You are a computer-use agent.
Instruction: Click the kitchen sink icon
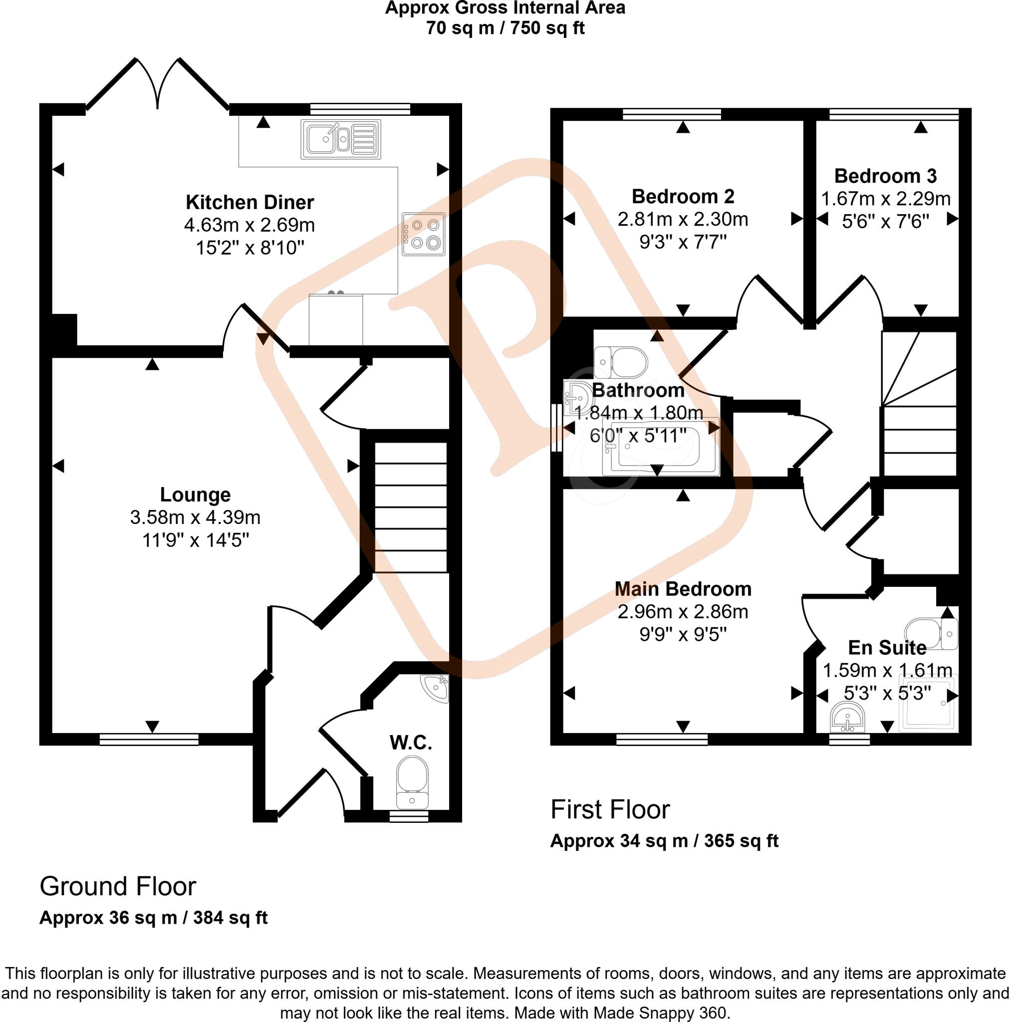[x=340, y=139]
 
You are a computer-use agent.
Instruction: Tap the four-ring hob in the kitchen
[x=423, y=234]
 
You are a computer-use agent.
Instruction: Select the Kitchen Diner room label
[x=250, y=202]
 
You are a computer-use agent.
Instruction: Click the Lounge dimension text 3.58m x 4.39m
[x=195, y=517]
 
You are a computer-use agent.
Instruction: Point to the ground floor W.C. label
[x=411, y=743]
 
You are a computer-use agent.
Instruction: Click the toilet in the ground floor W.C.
[x=412, y=782]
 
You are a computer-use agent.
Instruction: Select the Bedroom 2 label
[x=683, y=196]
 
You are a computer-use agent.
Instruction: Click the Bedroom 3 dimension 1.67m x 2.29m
[x=885, y=199]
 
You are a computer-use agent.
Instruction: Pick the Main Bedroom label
[x=683, y=589]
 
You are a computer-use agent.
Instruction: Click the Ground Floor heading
[x=117, y=886]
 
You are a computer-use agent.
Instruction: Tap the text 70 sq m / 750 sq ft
[x=505, y=27]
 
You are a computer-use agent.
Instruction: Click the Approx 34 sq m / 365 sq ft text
[x=664, y=840]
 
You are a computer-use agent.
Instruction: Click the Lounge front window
[x=149, y=739]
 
